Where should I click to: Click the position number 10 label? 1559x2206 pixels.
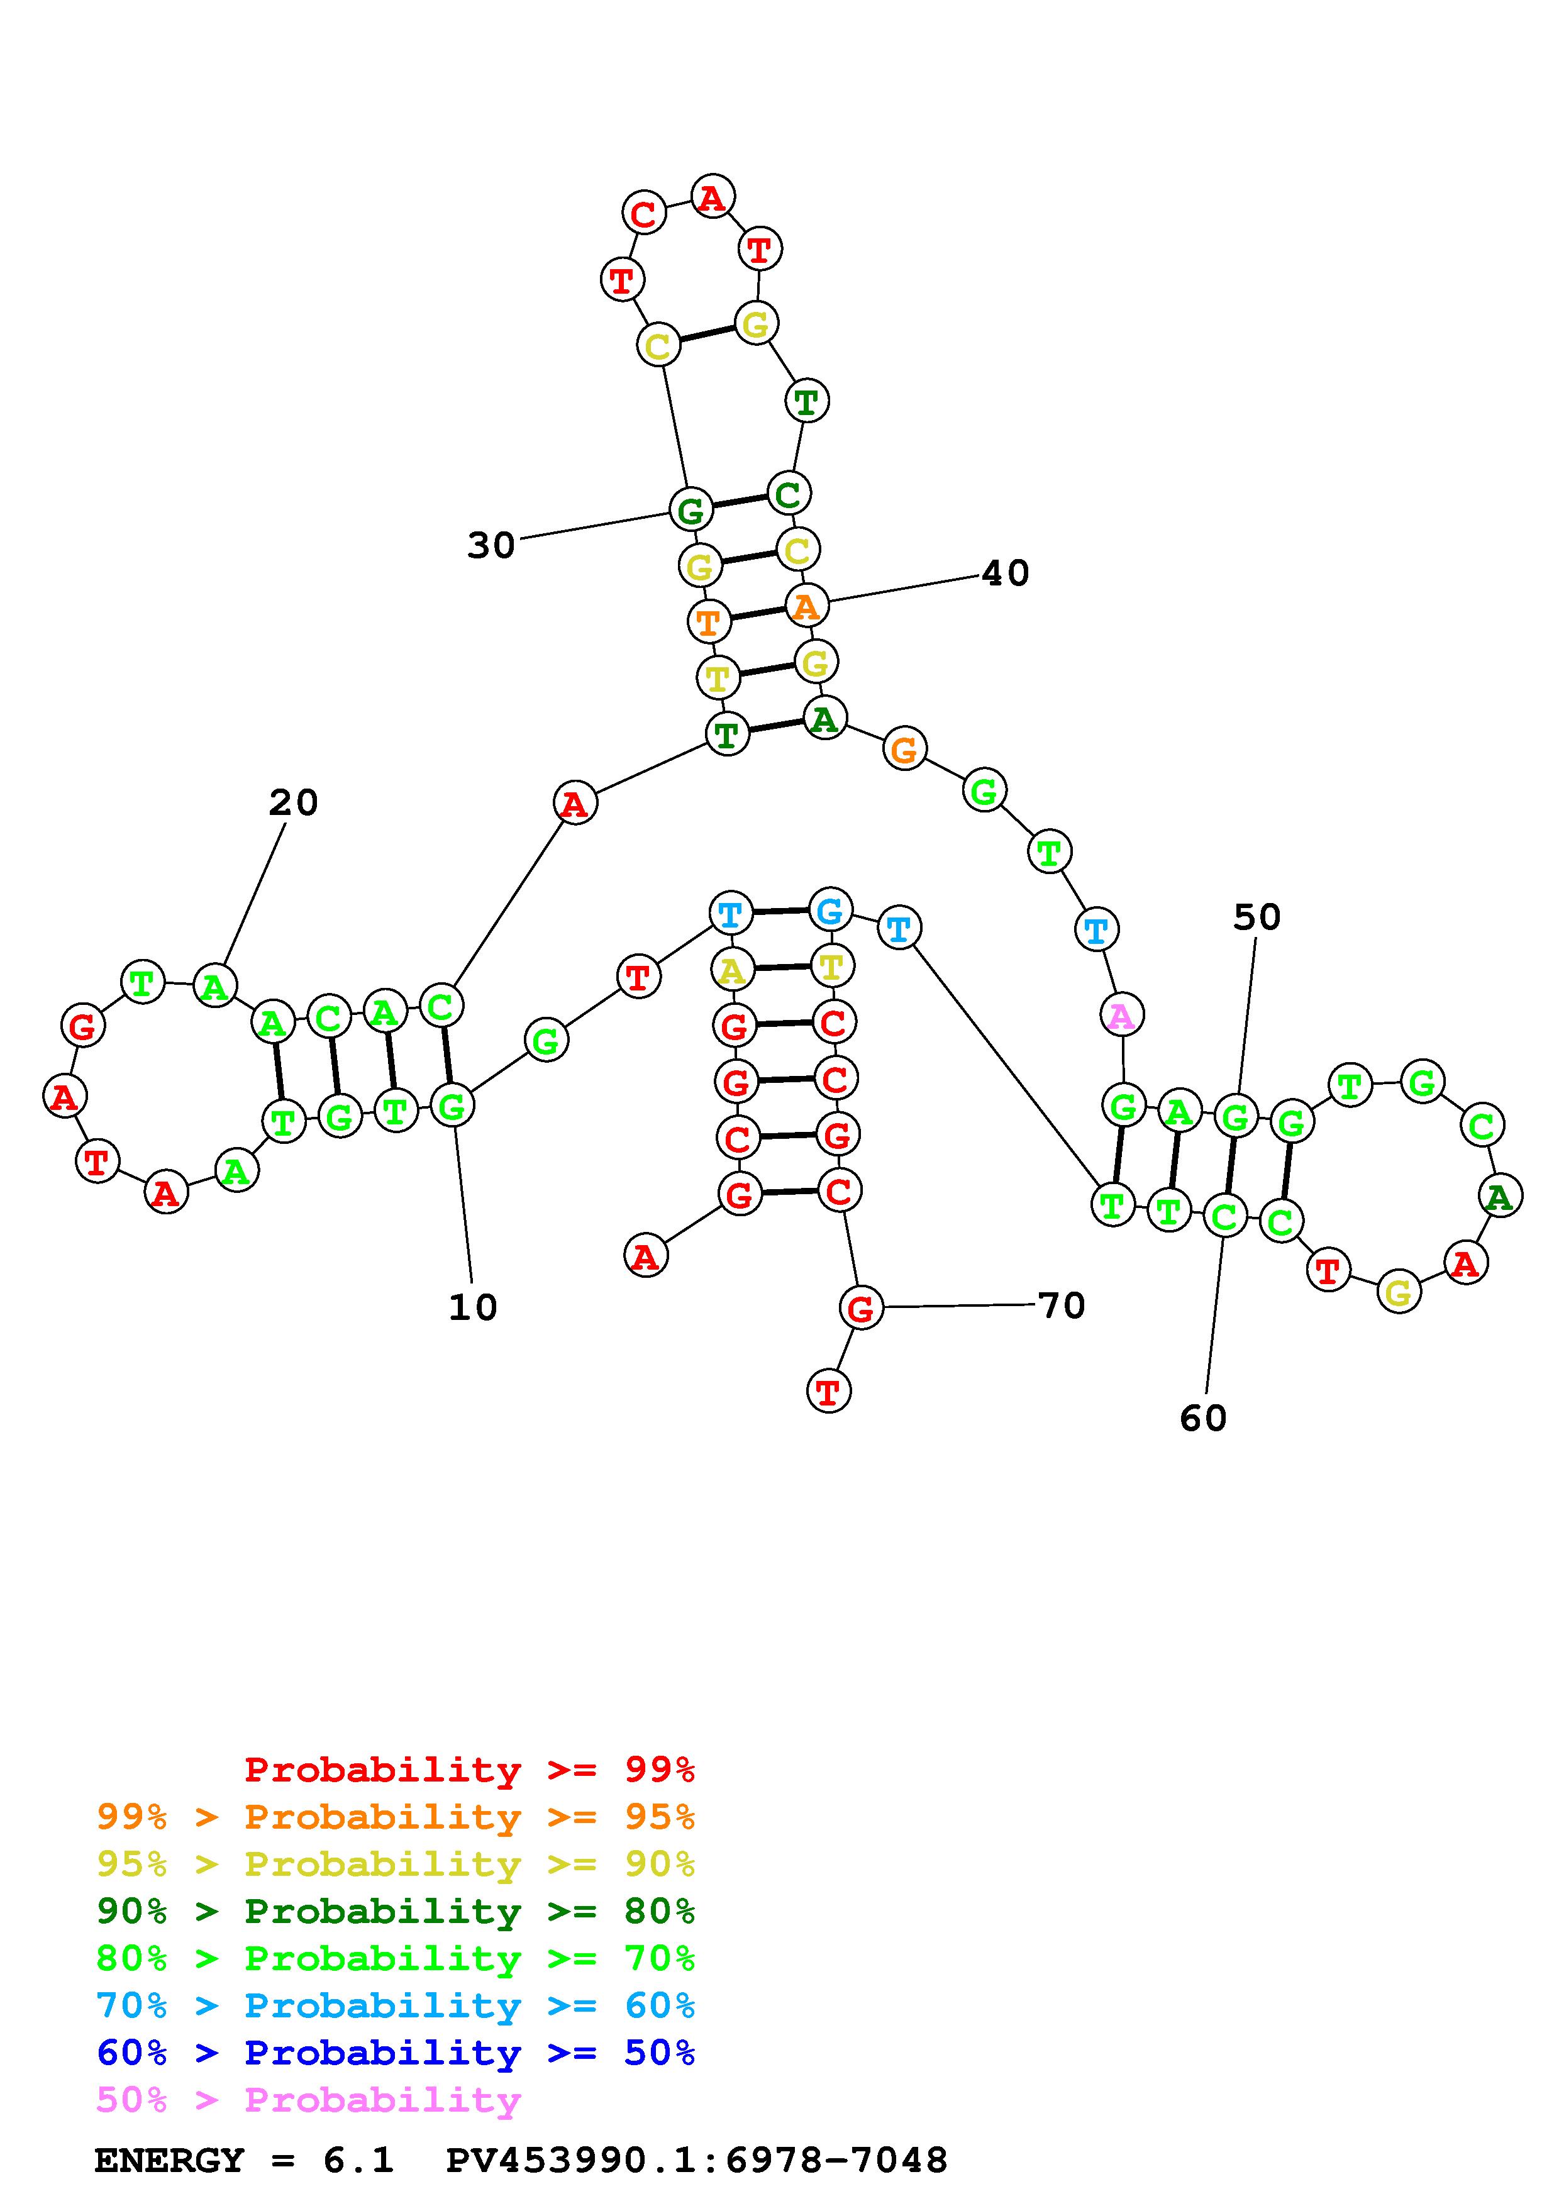(x=472, y=1307)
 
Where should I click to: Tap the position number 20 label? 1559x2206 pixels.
(x=293, y=802)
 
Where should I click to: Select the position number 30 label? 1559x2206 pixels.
(x=491, y=546)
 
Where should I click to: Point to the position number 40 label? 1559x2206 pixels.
(x=1006, y=574)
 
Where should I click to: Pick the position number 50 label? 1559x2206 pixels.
(x=1257, y=917)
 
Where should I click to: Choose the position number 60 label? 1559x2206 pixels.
(x=1202, y=1418)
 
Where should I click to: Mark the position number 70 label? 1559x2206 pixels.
(x=1062, y=1305)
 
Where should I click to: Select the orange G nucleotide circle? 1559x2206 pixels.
(x=904, y=748)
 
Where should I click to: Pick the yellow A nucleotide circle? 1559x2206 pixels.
(x=732, y=970)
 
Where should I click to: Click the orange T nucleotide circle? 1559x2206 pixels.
(x=709, y=622)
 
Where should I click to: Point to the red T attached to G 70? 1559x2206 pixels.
(x=828, y=1390)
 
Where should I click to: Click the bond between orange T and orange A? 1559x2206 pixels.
(x=757, y=613)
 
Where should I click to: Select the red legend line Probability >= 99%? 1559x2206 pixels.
(x=470, y=1770)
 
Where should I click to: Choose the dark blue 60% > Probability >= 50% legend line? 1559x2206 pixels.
(x=396, y=2053)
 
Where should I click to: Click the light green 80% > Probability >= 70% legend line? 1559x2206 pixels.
(x=396, y=1958)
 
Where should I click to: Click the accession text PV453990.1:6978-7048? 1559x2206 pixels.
(x=696, y=2160)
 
